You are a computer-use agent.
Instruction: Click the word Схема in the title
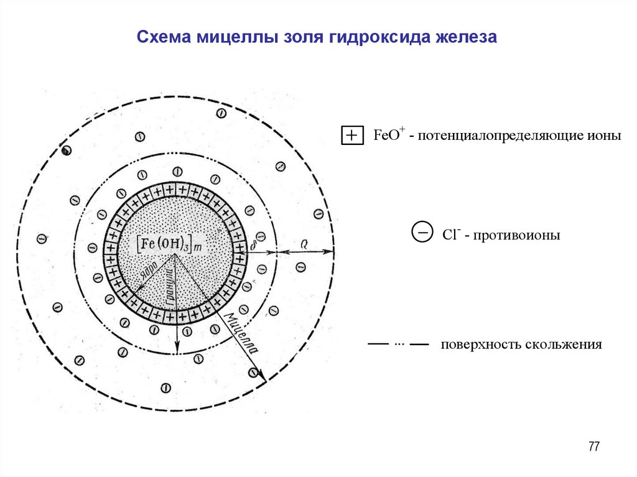(x=164, y=38)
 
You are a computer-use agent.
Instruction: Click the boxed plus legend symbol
(x=352, y=136)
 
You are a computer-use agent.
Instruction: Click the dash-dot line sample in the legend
(x=399, y=344)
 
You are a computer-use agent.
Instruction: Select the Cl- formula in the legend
(x=451, y=234)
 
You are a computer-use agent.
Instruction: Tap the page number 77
(x=593, y=447)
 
